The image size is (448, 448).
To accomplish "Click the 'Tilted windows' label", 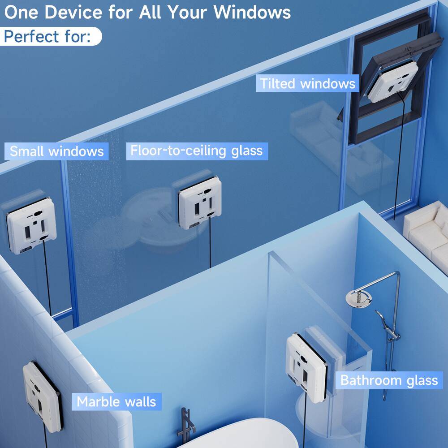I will coord(307,84).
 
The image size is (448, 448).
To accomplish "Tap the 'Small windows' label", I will coord(56,151).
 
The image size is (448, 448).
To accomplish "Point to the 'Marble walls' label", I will coord(116,401).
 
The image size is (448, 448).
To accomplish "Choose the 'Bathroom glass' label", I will coord(389,380).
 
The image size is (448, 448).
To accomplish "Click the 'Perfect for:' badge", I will coord(51,36).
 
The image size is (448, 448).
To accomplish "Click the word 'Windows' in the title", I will coord(252,12).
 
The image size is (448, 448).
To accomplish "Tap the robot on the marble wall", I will coord(42,396).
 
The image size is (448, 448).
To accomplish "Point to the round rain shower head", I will coord(358,297).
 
